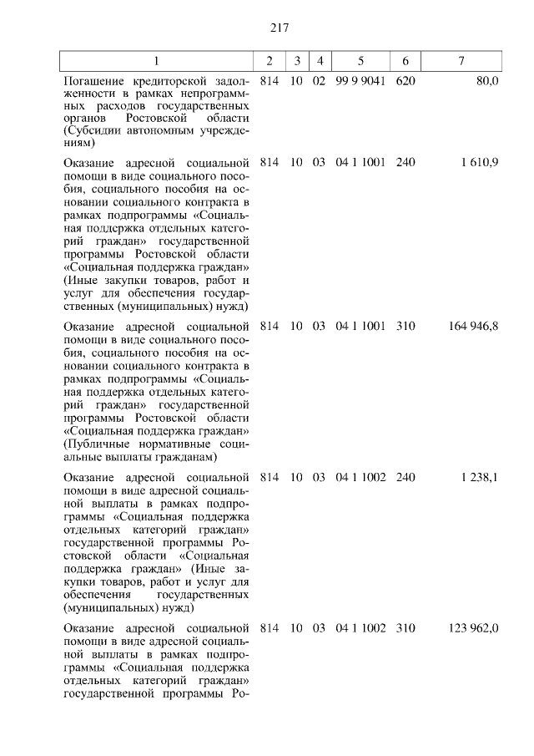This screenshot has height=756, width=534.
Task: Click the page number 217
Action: coord(279,28)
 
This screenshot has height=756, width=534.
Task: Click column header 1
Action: coord(156,62)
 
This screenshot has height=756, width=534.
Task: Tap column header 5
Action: coord(360,62)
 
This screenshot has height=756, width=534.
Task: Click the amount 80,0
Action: coord(486,82)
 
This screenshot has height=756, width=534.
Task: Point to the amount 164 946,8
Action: coord(473,327)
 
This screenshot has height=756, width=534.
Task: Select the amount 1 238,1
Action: coord(479,477)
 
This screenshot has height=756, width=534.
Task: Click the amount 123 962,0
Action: coord(473,627)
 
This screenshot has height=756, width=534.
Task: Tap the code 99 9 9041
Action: coord(360,82)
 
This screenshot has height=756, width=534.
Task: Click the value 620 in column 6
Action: coord(406,82)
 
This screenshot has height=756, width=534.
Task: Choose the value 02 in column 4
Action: coord(319,82)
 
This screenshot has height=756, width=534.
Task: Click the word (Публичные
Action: coord(99,445)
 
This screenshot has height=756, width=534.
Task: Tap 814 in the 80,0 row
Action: coord(269,82)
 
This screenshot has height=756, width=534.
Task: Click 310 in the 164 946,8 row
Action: coord(406,327)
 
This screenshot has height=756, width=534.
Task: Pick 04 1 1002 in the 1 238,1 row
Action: coord(360,477)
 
